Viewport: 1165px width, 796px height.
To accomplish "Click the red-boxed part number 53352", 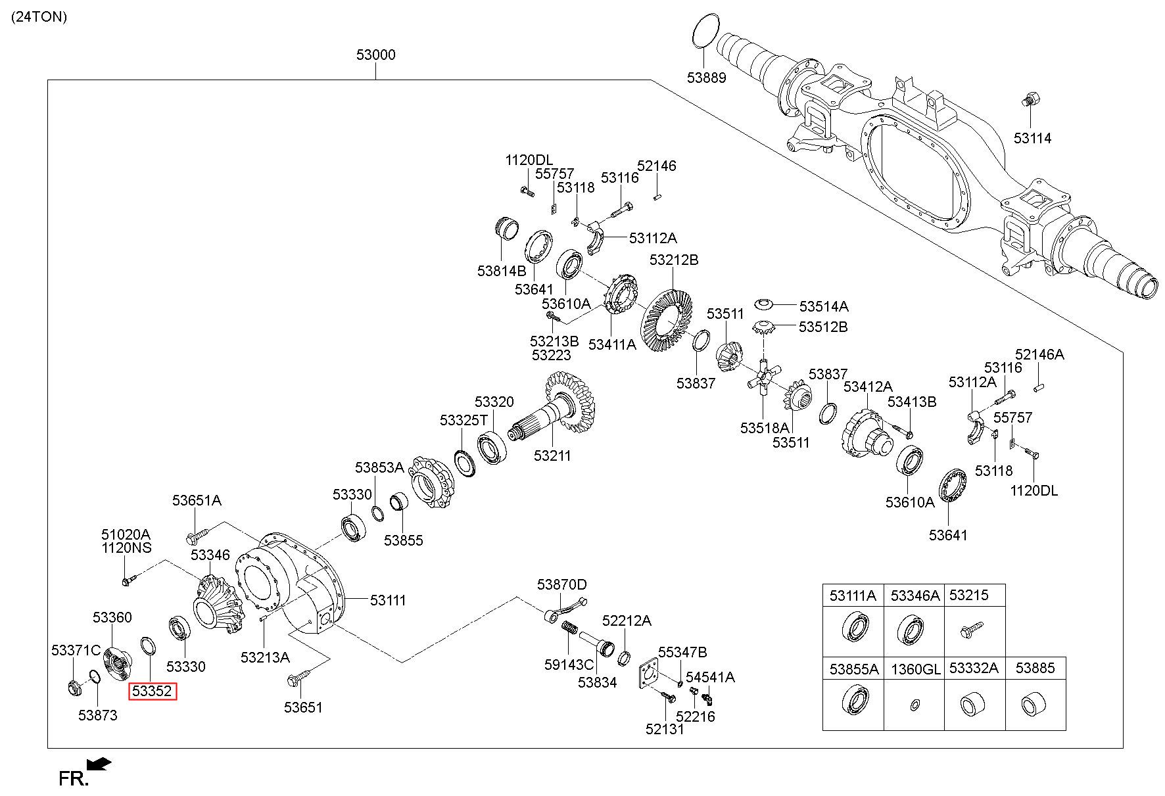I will pyautogui.click(x=153, y=691).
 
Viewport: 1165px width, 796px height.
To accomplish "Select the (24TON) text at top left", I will pyautogui.click(x=39, y=18).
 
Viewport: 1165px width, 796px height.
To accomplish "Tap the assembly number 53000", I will pyautogui.click(x=376, y=55).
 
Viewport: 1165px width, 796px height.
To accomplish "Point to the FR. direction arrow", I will pyautogui.click(x=99, y=764).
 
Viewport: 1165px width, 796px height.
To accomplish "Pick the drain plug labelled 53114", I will pyautogui.click(x=1029, y=101).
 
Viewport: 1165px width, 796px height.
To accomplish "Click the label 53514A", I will pyautogui.click(x=823, y=306).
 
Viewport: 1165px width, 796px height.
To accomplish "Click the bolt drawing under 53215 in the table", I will pyautogui.click(x=970, y=628).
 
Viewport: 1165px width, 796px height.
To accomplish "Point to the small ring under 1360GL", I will pyautogui.click(x=915, y=705).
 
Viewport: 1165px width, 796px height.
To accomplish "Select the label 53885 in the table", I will pyautogui.click(x=1035, y=668).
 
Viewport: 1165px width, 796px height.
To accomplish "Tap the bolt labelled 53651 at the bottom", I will pyautogui.click(x=295, y=680).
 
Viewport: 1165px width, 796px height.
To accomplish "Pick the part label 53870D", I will pyautogui.click(x=561, y=584).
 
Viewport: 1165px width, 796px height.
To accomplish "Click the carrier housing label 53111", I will pyautogui.click(x=388, y=600).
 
